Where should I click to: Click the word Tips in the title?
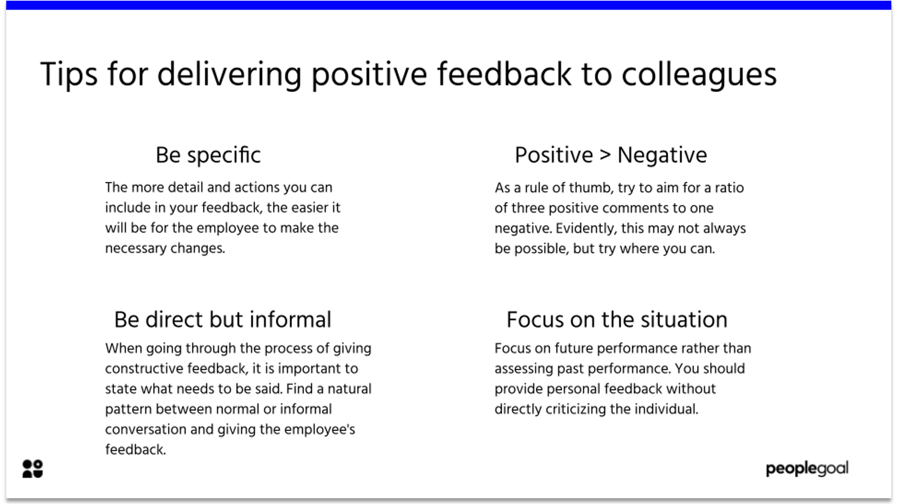click(69, 75)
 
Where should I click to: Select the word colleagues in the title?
click(699, 75)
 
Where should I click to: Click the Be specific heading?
click(208, 155)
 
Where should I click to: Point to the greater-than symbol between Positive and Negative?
click(605, 155)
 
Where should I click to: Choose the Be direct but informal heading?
click(222, 320)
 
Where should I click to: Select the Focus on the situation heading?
click(616, 320)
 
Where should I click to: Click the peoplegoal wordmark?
click(807, 468)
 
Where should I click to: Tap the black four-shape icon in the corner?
click(33, 468)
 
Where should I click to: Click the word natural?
click(349, 389)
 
